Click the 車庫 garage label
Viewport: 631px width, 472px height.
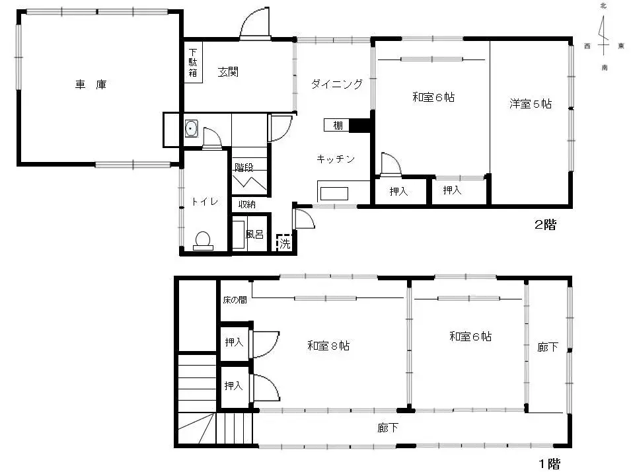click(91, 85)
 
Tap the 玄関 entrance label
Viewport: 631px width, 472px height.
click(228, 72)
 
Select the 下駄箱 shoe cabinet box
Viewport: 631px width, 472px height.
click(193, 62)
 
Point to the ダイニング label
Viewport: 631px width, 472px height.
click(337, 84)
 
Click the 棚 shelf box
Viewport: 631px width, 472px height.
click(337, 125)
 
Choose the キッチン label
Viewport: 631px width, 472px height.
click(336, 159)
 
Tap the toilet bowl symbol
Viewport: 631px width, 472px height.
click(203, 241)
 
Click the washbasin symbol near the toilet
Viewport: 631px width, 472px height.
click(191, 128)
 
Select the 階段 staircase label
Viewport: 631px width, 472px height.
click(244, 167)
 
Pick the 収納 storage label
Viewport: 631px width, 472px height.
click(246, 204)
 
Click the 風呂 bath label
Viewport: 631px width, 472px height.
click(254, 235)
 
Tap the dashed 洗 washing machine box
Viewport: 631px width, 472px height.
click(284, 243)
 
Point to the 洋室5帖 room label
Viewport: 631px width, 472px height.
click(531, 104)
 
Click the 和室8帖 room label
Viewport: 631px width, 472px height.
click(328, 346)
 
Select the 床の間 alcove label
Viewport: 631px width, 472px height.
click(235, 300)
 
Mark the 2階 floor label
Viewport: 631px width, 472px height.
click(545, 224)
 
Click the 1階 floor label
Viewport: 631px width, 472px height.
click(550, 464)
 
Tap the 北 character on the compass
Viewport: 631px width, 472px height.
click(603, 6)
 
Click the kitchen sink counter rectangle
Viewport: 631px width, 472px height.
click(334, 194)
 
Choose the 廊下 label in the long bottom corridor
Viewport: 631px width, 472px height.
click(388, 428)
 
